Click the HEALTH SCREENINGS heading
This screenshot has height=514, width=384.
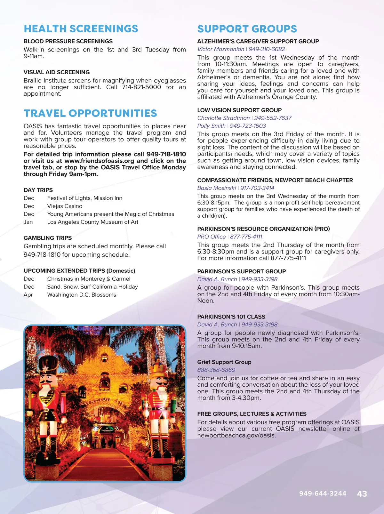(x=81, y=29)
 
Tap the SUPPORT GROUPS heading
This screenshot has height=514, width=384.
(x=247, y=29)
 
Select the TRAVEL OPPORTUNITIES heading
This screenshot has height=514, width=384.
(x=90, y=113)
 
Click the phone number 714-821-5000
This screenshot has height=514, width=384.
(x=141, y=87)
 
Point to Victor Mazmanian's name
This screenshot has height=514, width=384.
(x=220, y=49)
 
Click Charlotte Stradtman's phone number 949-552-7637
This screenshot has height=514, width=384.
(x=273, y=118)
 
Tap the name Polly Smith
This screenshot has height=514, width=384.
(x=211, y=126)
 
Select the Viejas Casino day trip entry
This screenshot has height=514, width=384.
(x=65, y=206)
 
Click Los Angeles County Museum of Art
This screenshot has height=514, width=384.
(x=93, y=222)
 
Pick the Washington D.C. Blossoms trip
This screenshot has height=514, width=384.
(x=82, y=295)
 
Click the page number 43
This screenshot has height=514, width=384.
(x=362, y=494)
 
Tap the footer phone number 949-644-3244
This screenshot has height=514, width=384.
(x=323, y=494)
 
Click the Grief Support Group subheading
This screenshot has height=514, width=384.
(x=224, y=362)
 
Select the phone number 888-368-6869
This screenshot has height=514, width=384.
(x=216, y=370)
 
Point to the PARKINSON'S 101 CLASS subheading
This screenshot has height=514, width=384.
(x=231, y=317)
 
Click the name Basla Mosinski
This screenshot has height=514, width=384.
(x=217, y=188)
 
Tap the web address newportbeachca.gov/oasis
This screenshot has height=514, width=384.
(x=236, y=436)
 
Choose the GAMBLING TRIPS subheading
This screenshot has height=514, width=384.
(x=48, y=238)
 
